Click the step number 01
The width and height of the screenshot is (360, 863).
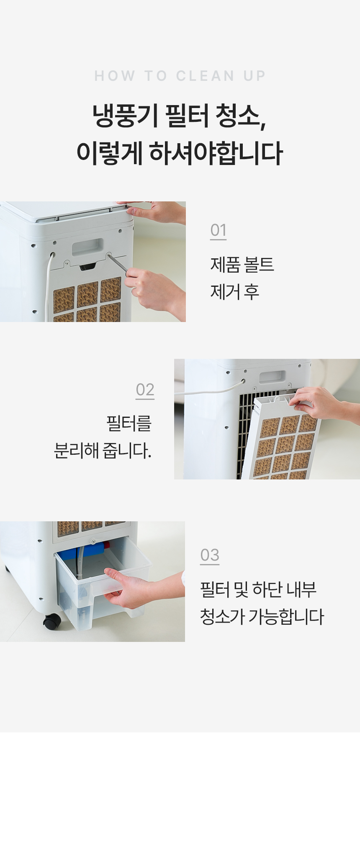point(218,230)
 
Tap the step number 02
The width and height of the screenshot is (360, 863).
point(145,390)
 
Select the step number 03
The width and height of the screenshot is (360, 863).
point(210,555)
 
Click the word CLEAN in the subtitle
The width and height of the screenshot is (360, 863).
point(205,76)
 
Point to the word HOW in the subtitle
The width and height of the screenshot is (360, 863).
point(115,76)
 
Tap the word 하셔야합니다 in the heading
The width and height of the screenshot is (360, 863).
point(216,153)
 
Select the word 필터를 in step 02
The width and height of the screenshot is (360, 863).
point(129,423)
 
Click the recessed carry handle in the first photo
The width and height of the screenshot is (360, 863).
point(87,247)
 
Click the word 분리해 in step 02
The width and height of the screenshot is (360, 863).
point(77,451)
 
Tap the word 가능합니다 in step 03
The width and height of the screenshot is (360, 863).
point(286,616)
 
